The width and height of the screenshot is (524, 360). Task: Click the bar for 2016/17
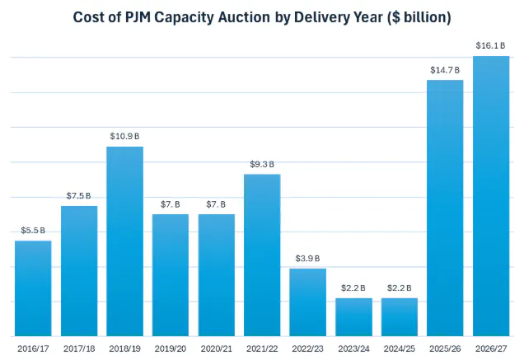33,288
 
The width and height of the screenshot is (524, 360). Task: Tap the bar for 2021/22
262,255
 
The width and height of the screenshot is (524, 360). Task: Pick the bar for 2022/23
308,302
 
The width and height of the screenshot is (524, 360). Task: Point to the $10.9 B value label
125,136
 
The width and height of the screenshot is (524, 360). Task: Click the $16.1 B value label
491,45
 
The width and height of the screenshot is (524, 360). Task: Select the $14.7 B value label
446,70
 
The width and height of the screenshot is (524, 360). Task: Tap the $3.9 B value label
308,259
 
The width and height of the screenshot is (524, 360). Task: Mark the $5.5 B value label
33,231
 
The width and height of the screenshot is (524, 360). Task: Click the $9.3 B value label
262,164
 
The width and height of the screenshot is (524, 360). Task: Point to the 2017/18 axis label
79,349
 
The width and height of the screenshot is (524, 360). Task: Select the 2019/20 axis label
171,349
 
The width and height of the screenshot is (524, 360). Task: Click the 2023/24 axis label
354,349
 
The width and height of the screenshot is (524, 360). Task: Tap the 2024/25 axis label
400,349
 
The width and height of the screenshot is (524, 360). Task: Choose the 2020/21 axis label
217,349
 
